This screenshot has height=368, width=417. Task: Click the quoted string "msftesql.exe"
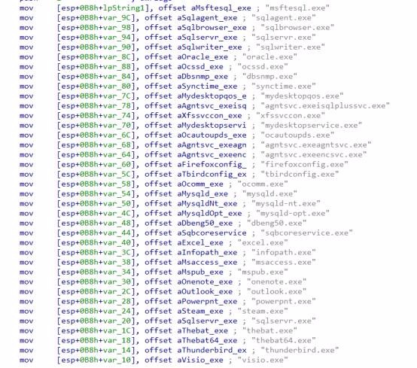click(297, 8)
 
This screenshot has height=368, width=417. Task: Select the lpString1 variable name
click(123, 8)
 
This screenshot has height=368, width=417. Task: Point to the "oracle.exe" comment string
click(269, 57)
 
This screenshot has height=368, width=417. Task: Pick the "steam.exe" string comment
click(263, 311)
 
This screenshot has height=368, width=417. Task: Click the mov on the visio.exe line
click(26, 360)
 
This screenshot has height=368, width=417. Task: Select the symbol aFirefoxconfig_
click(212, 165)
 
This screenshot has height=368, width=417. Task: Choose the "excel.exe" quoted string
click(263, 243)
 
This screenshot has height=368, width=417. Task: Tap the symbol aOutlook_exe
click(205, 292)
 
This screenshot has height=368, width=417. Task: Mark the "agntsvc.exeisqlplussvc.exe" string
click(325, 106)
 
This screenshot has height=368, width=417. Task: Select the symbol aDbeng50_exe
click(205, 224)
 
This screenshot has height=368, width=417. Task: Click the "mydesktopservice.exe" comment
click(312, 126)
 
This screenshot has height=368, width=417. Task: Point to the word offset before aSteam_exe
click(158, 311)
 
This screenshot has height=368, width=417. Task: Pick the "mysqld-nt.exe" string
click(286, 204)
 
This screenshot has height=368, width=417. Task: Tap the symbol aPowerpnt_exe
click(207, 302)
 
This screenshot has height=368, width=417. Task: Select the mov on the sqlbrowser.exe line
click(26, 28)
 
